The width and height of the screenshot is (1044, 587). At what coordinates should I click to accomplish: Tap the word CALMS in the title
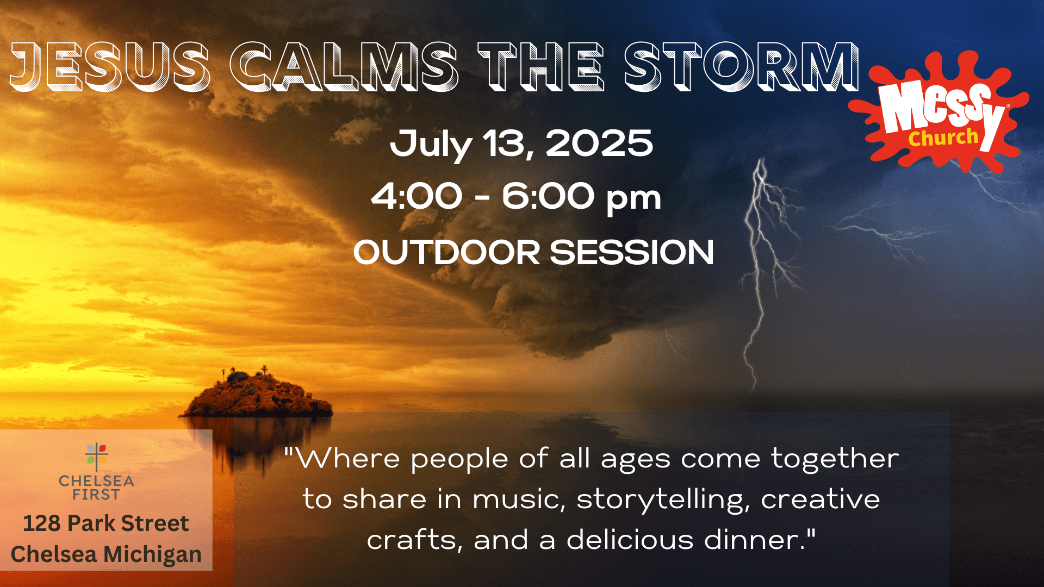click(x=344, y=66)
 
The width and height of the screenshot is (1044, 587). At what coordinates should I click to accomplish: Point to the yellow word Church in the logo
click(x=943, y=138)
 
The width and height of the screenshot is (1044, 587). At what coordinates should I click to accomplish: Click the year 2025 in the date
click(x=599, y=143)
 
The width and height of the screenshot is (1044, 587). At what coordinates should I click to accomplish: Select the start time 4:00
click(x=417, y=196)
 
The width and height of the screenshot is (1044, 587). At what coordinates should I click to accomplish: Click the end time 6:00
click(x=548, y=196)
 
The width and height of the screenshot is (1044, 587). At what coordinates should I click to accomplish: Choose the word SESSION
click(x=632, y=253)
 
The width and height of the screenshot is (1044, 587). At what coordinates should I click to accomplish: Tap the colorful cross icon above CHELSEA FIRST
click(x=96, y=457)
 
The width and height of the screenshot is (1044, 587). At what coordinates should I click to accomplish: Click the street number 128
click(x=41, y=523)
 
